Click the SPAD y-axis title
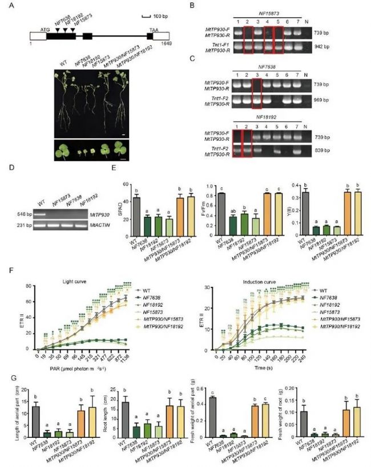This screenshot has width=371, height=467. coord(122,210)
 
